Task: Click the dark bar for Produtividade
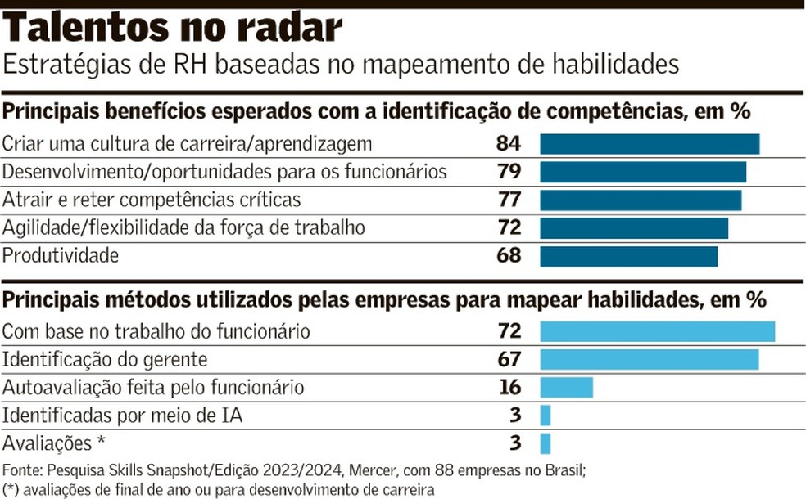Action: [x=628, y=256]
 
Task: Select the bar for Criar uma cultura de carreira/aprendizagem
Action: [x=649, y=144]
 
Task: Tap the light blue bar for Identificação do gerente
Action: [x=649, y=360]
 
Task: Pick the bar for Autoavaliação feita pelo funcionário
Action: [x=566, y=388]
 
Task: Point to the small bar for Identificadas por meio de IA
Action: [x=545, y=416]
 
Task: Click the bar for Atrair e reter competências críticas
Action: [x=640, y=200]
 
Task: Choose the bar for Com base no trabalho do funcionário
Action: [x=657, y=332]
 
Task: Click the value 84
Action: [x=508, y=144]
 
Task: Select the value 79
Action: [x=508, y=172]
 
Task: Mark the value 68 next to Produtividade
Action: [x=508, y=255]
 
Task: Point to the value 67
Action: [x=508, y=360]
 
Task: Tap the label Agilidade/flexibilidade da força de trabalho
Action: [x=183, y=227]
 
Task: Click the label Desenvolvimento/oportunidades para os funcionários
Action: [x=224, y=172]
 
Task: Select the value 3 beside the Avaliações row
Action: [x=514, y=443]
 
